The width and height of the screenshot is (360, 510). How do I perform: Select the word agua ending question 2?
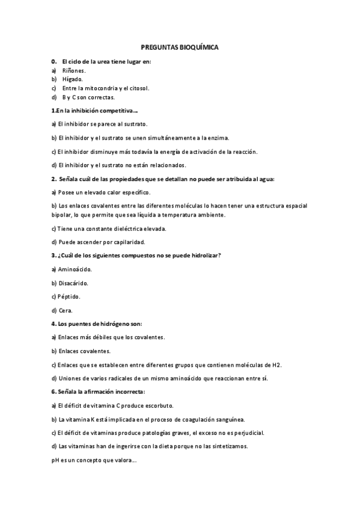265,179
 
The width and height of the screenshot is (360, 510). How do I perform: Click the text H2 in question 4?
276,364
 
